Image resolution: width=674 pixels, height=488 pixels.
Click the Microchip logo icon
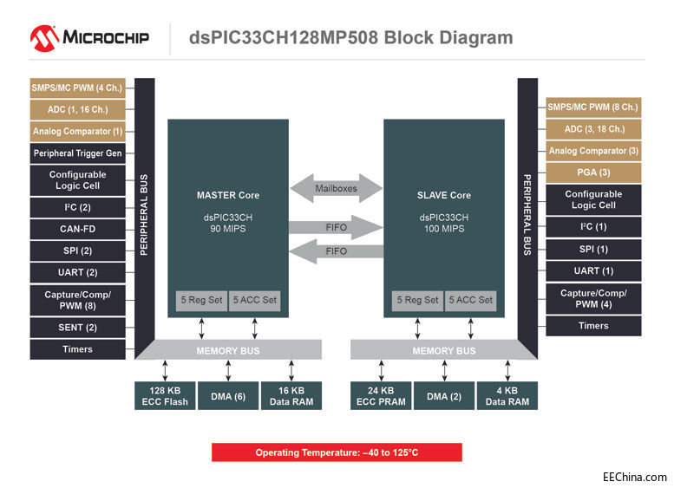pyautogui.click(x=44, y=37)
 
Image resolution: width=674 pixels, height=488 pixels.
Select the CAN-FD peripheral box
pyautogui.click(x=78, y=230)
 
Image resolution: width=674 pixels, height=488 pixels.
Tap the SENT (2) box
pyautogui.click(x=78, y=327)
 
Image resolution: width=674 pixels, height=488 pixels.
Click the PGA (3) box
pyautogui.click(x=593, y=172)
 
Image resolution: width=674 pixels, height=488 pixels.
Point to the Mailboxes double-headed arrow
pyautogui.click(x=335, y=187)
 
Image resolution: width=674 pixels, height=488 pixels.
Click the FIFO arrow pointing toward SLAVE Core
pyautogui.click(x=335, y=227)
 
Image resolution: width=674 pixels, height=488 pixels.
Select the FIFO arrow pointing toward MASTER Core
pyautogui.click(x=335, y=251)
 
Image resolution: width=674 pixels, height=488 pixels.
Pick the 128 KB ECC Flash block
pyautogui.click(x=165, y=396)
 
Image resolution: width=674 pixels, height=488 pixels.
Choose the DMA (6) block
pyautogui.click(x=228, y=396)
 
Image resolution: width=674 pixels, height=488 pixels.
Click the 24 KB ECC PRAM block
pyautogui.click(x=381, y=396)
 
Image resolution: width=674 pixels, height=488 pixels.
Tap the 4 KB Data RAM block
pyautogui.click(x=507, y=396)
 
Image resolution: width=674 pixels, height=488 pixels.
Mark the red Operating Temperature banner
pyautogui.click(x=337, y=452)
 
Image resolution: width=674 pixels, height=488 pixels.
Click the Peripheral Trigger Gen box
pyautogui.click(x=78, y=153)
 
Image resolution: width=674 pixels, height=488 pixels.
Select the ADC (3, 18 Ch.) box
pyautogui.click(x=593, y=129)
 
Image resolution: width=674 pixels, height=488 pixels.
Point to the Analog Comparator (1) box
pyautogui.click(x=78, y=132)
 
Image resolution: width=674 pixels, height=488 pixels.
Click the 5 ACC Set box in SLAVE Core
pyautogui.click(x=471, y=300)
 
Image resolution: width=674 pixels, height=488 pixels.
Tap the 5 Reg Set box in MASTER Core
pyautogui.click(x=200, y=300)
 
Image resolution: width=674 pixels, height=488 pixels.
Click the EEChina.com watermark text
pyautogui.click(x=635, y=477)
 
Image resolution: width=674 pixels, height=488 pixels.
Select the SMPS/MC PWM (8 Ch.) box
pyautogui.click(x=593, y=107)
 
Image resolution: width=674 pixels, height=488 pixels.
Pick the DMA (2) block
pyautogui.click(x=444, y=396)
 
